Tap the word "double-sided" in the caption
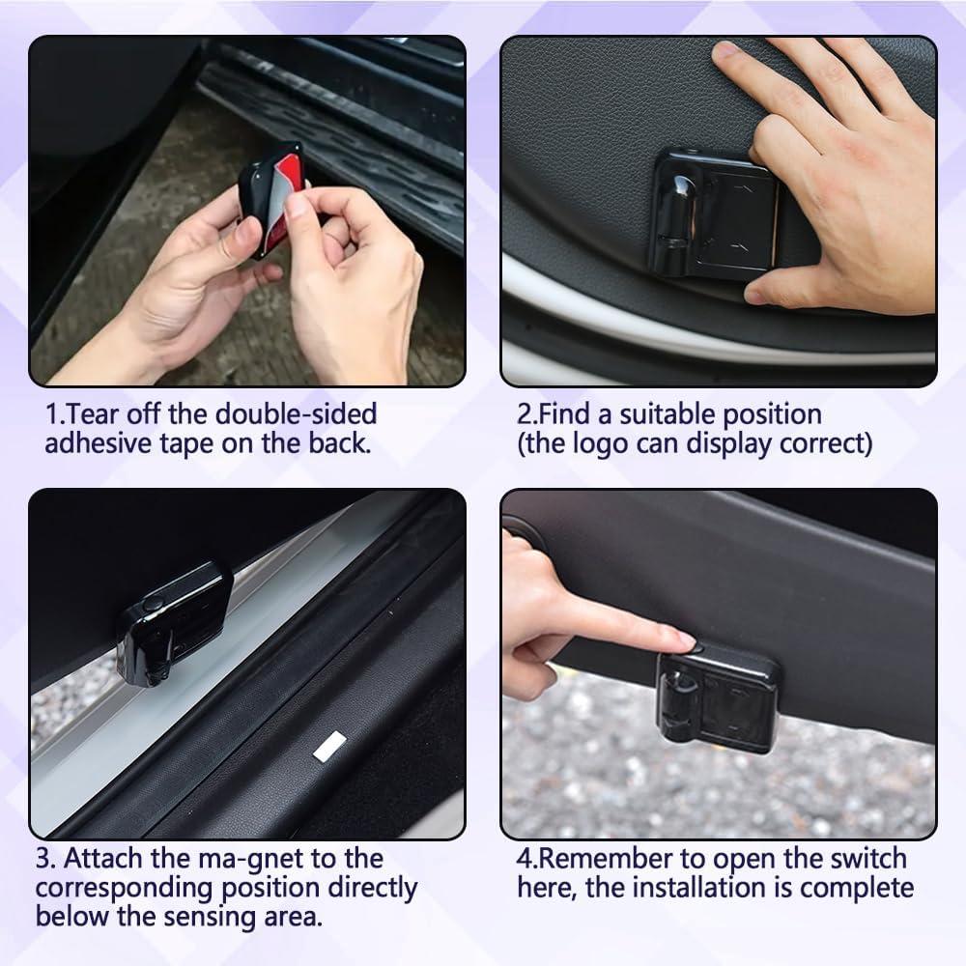296,414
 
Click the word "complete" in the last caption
855,887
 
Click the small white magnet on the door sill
329,744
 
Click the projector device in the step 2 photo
712,213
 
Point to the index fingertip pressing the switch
681,639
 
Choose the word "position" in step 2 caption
768,414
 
